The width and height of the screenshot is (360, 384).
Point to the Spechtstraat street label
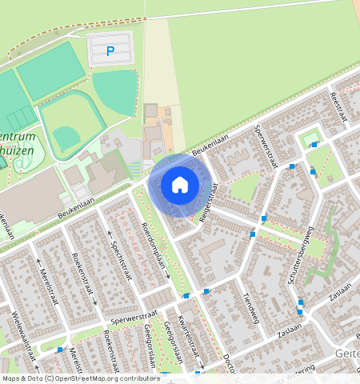(119, 249)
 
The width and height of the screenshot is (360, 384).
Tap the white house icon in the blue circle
(180, 185)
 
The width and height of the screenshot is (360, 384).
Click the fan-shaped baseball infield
(67, 135)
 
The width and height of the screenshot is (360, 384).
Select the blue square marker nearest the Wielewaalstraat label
(59, 350)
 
